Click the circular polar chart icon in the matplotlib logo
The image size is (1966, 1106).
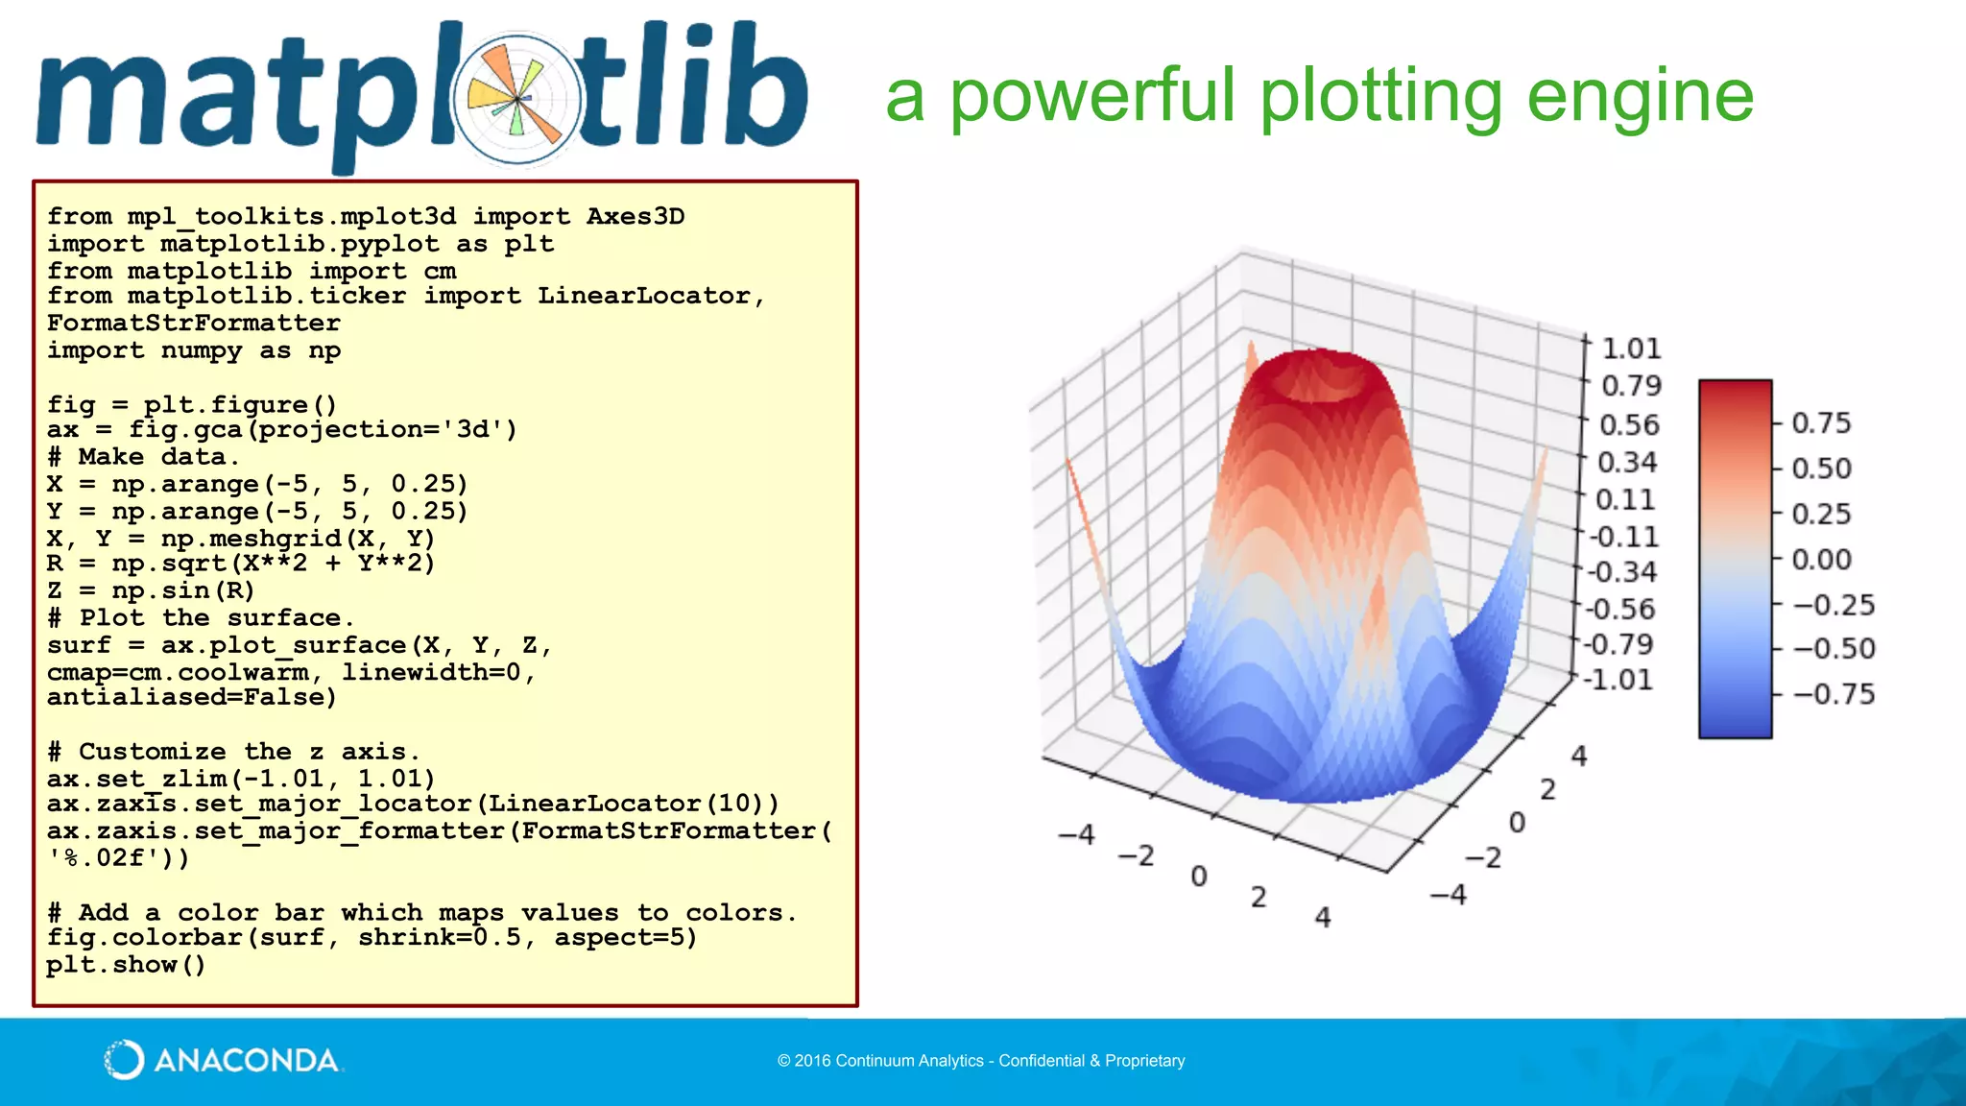pos(517,99)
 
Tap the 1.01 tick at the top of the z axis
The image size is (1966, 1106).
pos(1630,349)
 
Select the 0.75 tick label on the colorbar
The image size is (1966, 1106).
pos(1821,423)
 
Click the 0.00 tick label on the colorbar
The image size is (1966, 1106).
pos(1821,560)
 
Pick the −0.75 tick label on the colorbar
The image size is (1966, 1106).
pos(1834,694)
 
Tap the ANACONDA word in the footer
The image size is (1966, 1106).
pos(247,1061)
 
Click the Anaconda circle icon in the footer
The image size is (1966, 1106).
pos(124,1060)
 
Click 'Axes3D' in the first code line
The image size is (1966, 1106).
pos(635,217)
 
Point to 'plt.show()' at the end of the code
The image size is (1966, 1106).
pos(126,965)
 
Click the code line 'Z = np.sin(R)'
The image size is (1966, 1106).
pos(151,590)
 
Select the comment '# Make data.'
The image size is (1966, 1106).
pos(143,457)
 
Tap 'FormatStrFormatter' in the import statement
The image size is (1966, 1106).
pos(193,324)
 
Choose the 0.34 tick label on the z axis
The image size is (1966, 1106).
pos(1626,463)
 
